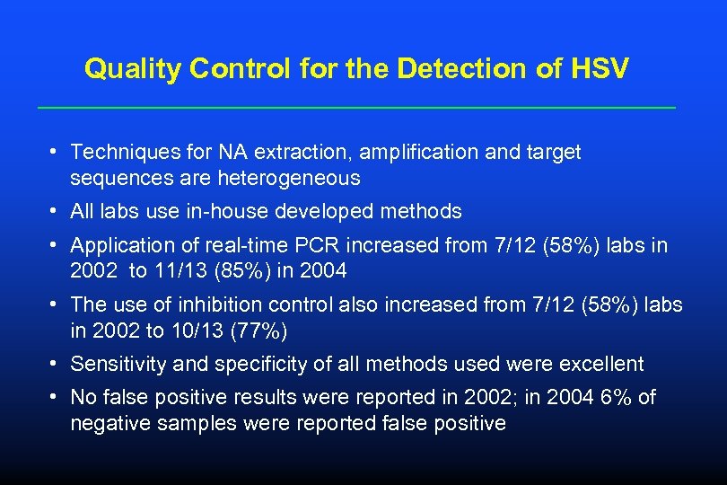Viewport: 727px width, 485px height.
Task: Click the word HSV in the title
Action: [601, 69]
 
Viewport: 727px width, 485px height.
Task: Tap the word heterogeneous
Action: [289, 178]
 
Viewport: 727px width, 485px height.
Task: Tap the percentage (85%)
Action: [223, 270]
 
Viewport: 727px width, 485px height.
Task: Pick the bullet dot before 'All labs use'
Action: [56, 212]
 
